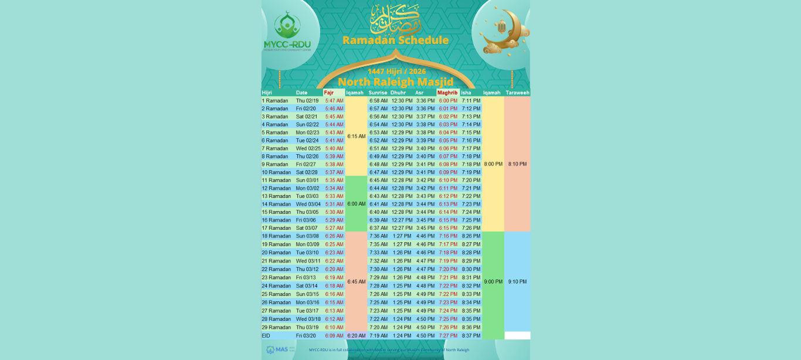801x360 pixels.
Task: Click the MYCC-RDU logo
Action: pyautogui.click(x=287, y=33)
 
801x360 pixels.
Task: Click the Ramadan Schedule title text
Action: pyautogui.click(x=395, y=40)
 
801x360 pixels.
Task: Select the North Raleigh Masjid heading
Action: pyautogui.click(x=395, y=81)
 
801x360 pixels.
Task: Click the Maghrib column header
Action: pyautogui.click(x=447, y=93)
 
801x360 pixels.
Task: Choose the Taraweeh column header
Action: pyautogui.click(x=517, y=93)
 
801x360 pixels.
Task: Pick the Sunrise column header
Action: pyautogui.click(x=378, y=93)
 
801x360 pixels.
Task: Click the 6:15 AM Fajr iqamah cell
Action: pyautogui.click(x=356, y=136)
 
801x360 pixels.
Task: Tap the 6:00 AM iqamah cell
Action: pyautogui.click(x=356, y=204)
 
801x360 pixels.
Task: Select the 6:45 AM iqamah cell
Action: pyautogui.click(x=356, y=281)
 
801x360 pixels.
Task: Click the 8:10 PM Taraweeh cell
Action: pyautogui.click(x=517, y=164)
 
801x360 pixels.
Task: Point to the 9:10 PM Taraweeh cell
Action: pyautogui.click(x=517, y=281)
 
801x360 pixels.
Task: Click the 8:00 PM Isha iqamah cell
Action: pyautogui.click(x=493, y=164)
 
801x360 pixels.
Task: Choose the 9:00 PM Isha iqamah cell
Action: pyautogui.click(x=493, y=281)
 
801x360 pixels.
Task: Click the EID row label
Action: pyautogui.click(x=266, y=336)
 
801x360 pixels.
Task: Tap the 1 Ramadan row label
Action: pyautogui.click(x=275, y=101)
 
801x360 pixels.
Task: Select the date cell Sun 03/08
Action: pyautogui.click(x=307, y=236)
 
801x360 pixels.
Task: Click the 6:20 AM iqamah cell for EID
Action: pyautogui.click(x=356, y=336)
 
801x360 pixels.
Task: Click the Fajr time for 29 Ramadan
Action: pyautogui.click(x=334, y=328)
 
